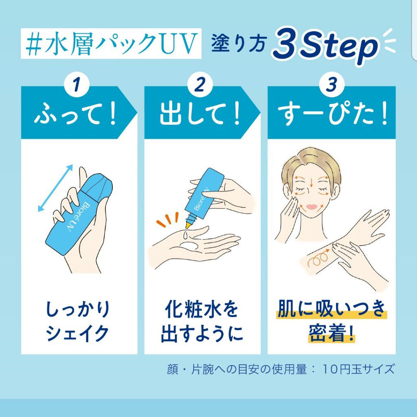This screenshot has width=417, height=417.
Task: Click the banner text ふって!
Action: pos(76,115)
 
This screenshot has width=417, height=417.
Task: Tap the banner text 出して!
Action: pos(200,115)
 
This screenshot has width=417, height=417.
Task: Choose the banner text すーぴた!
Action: pos(331,115)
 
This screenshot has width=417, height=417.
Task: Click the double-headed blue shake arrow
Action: pos(55,189)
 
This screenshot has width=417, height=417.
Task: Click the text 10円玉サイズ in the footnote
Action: pos(358,369)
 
